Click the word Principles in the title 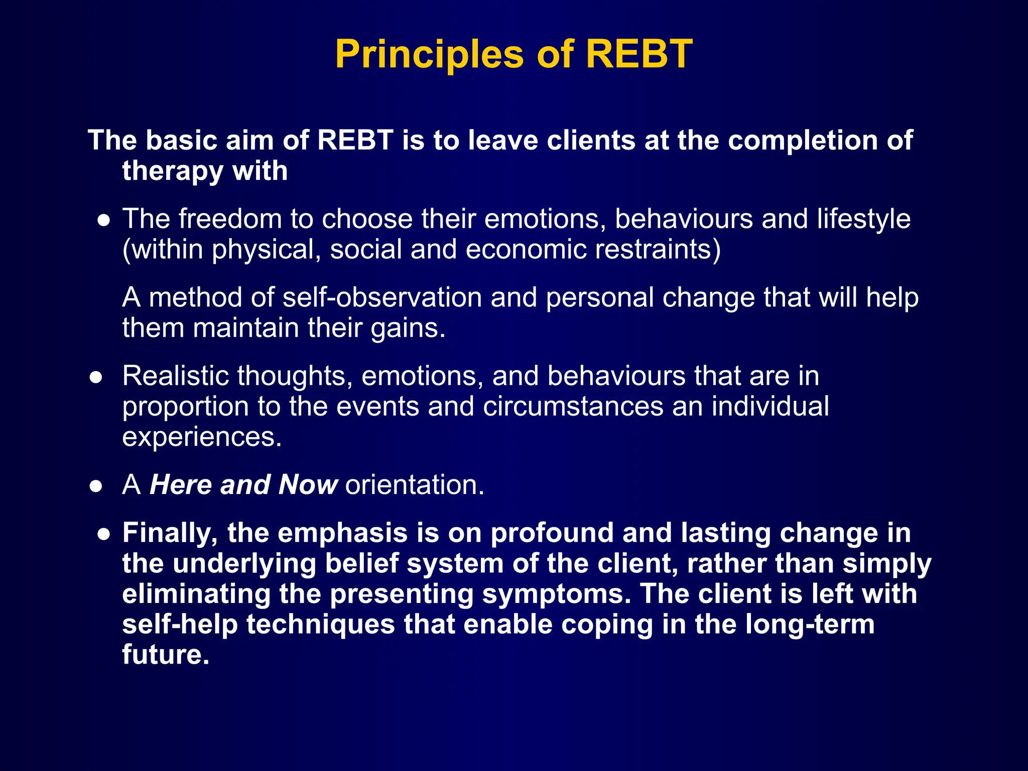tap(429, 54)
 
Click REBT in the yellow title tap(638, 54)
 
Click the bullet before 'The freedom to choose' tap(103, 220)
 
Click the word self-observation tap(382, 297)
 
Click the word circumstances tap(573, 407)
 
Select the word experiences tap(202, 437)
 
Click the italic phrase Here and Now tap(243, 485)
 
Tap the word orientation tap(415, 485)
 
